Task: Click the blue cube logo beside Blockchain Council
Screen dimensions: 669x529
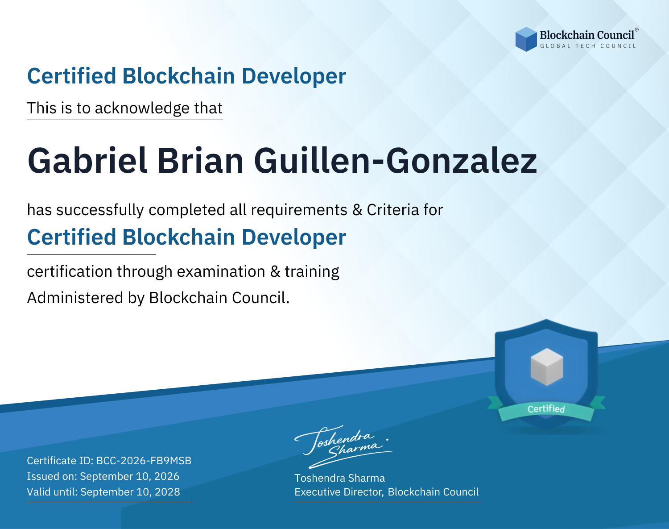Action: pos(526,39)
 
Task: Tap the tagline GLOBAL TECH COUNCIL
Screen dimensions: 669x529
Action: pos(588,46)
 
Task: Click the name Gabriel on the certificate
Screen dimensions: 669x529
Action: pos(87,161)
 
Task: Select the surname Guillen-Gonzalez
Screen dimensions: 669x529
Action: pos(396,161)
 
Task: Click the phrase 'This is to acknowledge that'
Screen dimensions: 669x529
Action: pos(125,108)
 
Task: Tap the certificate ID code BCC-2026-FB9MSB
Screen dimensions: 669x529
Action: pos(144,461)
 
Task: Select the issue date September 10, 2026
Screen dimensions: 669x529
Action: pos(130,476)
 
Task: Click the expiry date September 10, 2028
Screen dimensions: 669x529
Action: pos(130,492)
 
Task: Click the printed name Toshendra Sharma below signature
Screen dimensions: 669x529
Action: pos(339,478)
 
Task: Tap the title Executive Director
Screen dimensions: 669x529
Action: pos(338,492)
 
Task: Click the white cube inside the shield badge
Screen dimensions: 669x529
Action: pos(546,367)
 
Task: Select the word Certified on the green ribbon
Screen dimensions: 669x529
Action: pos(546,409)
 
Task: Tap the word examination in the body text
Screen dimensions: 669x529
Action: pos(221,271)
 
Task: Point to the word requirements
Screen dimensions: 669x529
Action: pos(299,210)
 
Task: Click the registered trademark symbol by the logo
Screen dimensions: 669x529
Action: pos(636,30)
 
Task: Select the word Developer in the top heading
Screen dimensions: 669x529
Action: pos(294,76)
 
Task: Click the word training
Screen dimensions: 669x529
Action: pos(312,272)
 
